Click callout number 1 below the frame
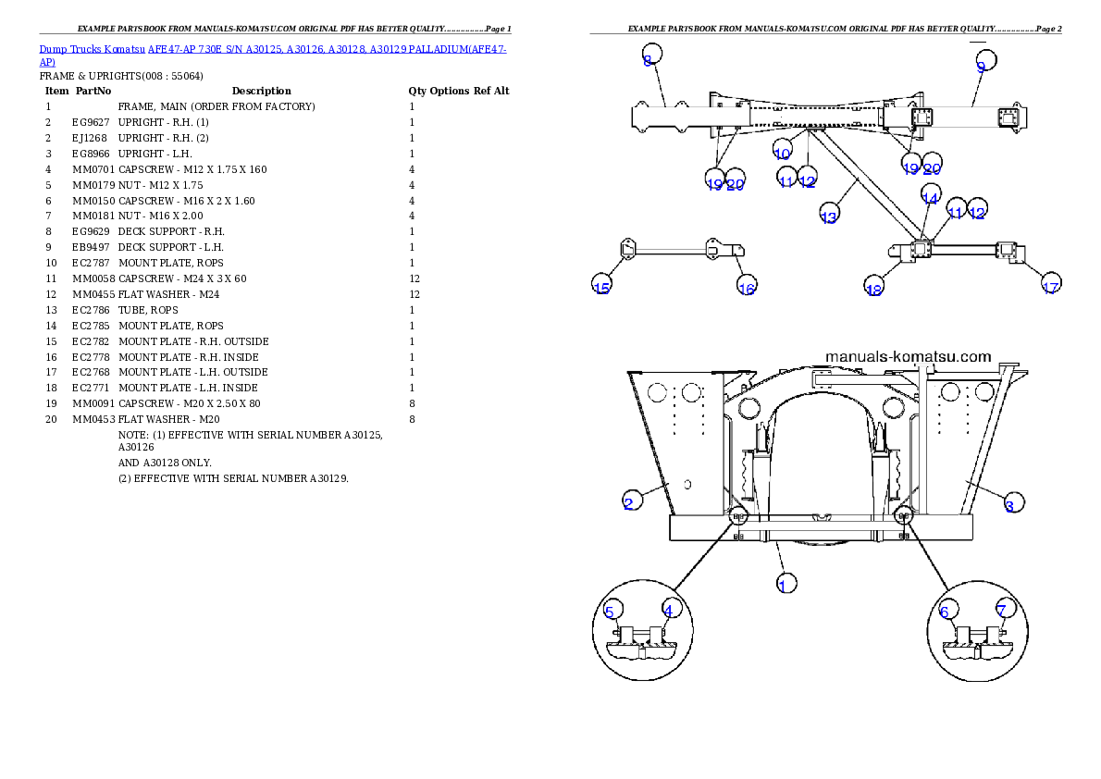(785, 584)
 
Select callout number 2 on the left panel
(629, 503)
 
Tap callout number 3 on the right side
(1009, 505)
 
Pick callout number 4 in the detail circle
(668, 611)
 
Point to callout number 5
(610, 612)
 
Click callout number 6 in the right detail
(945, 612)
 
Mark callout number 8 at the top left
(649, 60)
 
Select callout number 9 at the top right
(982, 66)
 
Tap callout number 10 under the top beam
(782, 154)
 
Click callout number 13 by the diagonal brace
(829, 216)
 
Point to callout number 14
(930, 198)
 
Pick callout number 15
(601, 288)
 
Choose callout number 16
(747, 289)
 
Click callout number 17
(1050, 288)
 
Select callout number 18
(873, 290)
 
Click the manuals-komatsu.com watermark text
(907, 356)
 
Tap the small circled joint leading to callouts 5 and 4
(738, 518)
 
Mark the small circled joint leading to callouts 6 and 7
(904, 518)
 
